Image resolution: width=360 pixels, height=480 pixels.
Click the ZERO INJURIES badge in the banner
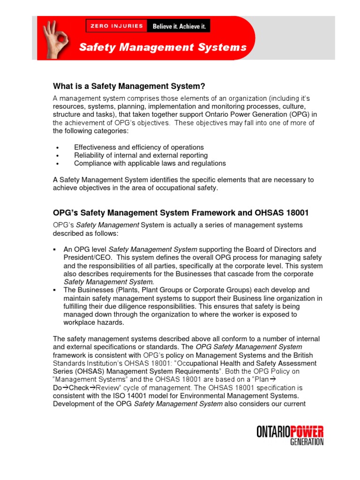(x=117, y=26)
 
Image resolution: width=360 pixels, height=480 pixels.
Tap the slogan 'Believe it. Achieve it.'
(x=179, y=26)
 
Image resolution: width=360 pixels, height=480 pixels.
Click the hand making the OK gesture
(x=55, y=38)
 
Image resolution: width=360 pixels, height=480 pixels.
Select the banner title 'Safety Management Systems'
(x=162, y=47)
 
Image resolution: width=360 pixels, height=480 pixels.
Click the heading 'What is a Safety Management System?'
(x=129, y=86)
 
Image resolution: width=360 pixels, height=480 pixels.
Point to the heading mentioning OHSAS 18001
(x=181, y=213)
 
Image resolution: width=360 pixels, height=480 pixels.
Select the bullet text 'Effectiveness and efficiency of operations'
(x=139, y=147)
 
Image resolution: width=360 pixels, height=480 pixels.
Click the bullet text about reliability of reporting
(x=141, y=155)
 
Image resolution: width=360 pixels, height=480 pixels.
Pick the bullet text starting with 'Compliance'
(x=150, y=163)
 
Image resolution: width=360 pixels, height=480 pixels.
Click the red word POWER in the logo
(x=307, y=432)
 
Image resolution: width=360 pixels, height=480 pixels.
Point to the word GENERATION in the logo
(x=307, y=442)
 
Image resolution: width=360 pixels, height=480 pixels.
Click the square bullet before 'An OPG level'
(x=55, y=249)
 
